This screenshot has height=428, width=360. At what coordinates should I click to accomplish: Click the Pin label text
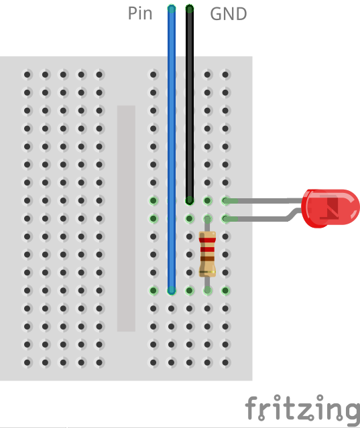[140, 13]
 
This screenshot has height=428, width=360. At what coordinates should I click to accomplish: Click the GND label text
[229, 14]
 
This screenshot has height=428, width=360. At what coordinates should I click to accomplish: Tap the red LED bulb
[331, 208]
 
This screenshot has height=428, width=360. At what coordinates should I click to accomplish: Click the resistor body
[207, 254]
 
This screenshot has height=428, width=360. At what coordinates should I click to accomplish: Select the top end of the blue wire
[172, 9]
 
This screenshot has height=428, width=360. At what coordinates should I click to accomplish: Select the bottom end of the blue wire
[172, 290]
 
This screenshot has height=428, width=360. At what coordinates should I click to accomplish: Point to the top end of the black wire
[190, 9]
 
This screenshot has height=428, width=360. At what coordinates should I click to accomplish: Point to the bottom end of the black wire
[190, 200]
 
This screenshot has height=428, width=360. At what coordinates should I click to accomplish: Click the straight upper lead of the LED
[263, 201]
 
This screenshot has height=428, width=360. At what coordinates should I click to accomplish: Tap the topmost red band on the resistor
[207, 240]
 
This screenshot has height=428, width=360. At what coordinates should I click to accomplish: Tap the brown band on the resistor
[207, 259]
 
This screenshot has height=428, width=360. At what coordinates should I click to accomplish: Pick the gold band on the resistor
[207, 272]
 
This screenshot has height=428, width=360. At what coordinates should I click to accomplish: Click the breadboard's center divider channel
[126, 218]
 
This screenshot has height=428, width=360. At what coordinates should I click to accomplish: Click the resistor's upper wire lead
[207, 224]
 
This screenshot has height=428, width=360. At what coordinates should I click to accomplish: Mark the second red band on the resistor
[207, 249]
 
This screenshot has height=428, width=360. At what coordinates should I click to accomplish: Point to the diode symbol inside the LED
[329, 208]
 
